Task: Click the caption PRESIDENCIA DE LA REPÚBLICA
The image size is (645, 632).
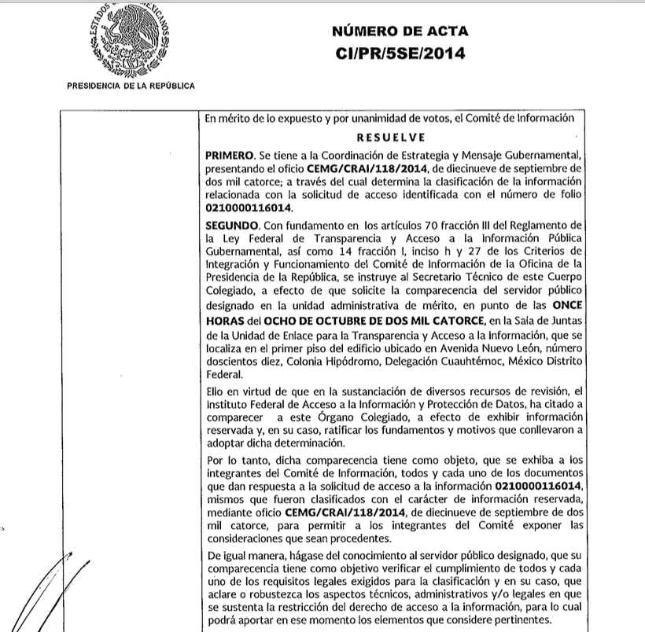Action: (x=131, y=86)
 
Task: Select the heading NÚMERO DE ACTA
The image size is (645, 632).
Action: (x=400, y=31)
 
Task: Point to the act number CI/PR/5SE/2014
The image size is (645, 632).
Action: (x=400, y=53)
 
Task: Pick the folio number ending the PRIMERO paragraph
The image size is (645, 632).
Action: (x=248, y=208)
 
